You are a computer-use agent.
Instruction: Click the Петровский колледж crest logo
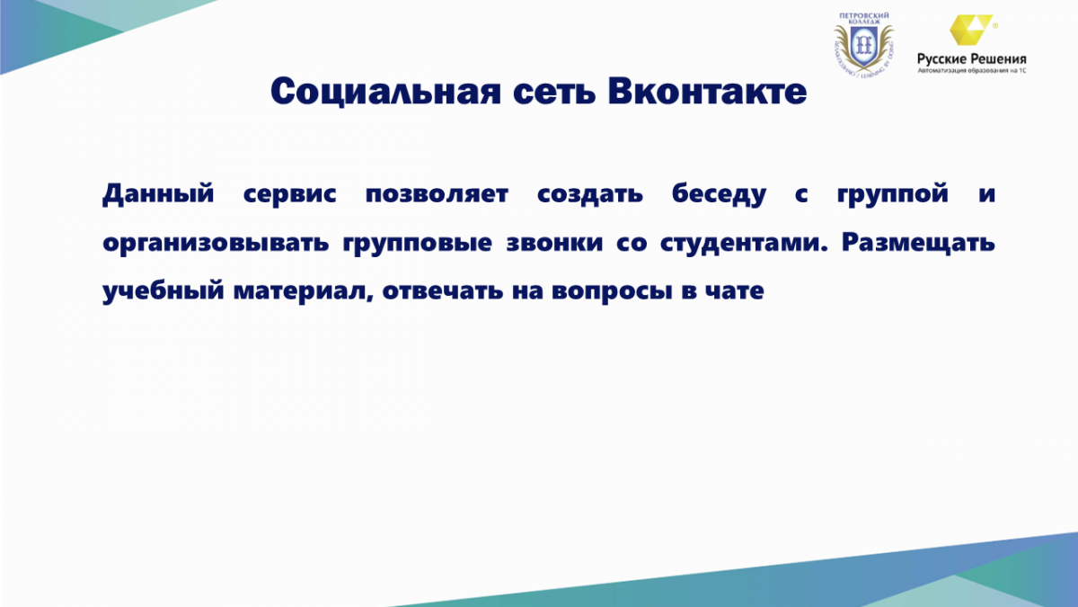tap(864, 45)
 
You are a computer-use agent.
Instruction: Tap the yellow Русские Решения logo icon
tap(970, 30)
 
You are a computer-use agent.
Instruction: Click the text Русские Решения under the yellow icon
tap(972, 59)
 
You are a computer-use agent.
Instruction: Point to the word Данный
tap(158, 193)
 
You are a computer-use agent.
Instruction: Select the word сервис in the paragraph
tap(289, 194)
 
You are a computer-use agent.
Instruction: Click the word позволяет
tap(437, 194)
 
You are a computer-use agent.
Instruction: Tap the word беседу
tap(719, 194)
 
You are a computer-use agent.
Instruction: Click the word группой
tap(893, 193)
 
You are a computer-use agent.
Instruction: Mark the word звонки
tap(554, 243)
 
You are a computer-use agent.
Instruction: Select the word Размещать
tap(918, 243)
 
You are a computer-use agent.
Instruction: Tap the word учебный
tap(163, 291)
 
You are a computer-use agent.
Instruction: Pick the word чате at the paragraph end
tap(735, 291)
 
